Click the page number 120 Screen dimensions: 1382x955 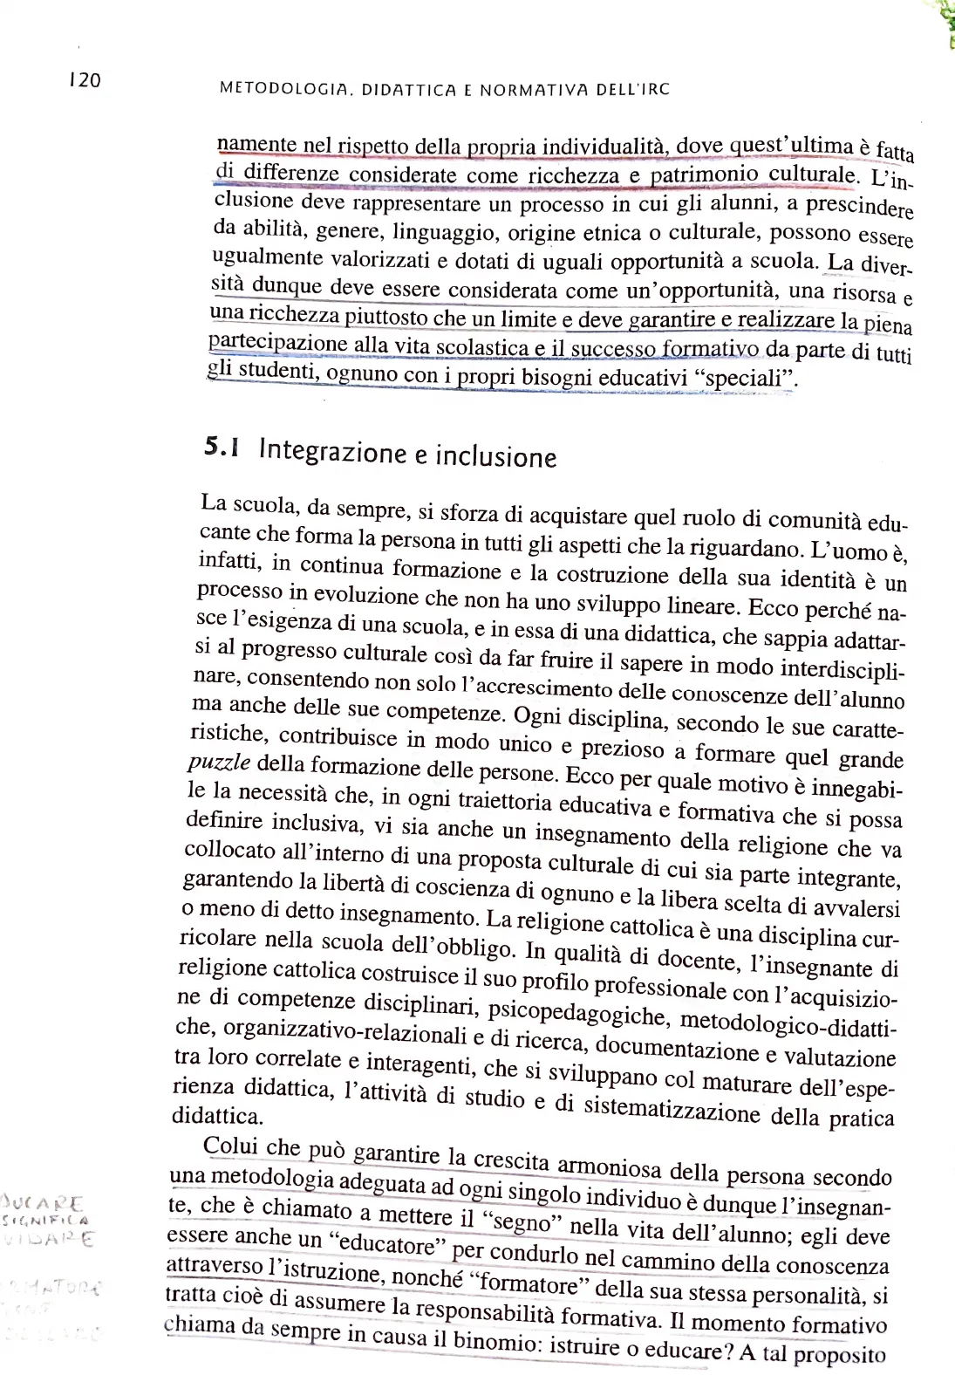(85, 80)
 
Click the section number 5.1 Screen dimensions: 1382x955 (222, 448)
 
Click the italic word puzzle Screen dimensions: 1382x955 (219, 762)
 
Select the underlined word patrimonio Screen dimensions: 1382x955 (705, 174)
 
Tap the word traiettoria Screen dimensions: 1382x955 (504, 800)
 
